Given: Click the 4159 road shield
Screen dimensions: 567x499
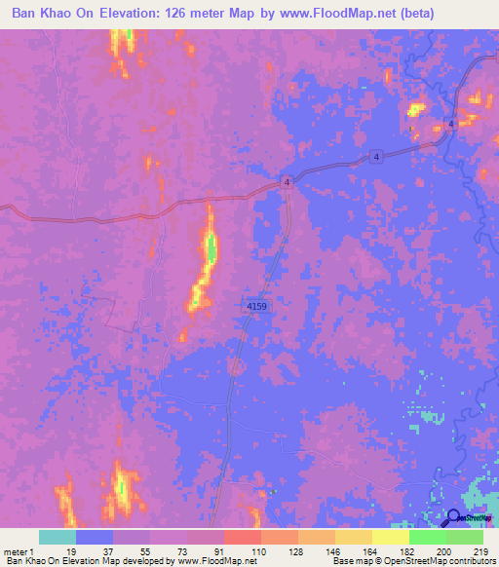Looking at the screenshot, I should point(256,307).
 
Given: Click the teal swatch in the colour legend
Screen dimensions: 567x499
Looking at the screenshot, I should point(57,537).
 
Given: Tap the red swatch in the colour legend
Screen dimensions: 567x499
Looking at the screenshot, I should point(242,537).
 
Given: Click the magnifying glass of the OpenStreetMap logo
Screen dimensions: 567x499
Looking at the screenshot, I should point(453,519).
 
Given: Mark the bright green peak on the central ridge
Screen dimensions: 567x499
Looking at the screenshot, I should point(210,250).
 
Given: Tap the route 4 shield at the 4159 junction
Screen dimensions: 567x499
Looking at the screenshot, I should point(288,182).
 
